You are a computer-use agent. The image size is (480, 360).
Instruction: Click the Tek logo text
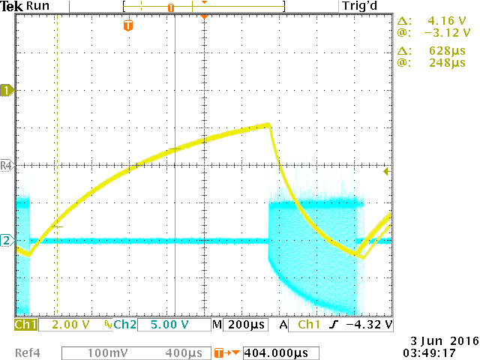[x=13, y=6]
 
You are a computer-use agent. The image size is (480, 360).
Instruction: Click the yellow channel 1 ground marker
[x=7, y=90]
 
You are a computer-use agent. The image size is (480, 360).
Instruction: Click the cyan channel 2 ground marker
[x=7, y=241]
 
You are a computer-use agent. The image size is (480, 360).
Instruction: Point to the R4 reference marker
[x=7, y=165]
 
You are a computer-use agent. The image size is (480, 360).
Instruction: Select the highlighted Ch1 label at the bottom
[x=25, y=325]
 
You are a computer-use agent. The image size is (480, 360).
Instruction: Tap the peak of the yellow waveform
[x=268, y=124]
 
